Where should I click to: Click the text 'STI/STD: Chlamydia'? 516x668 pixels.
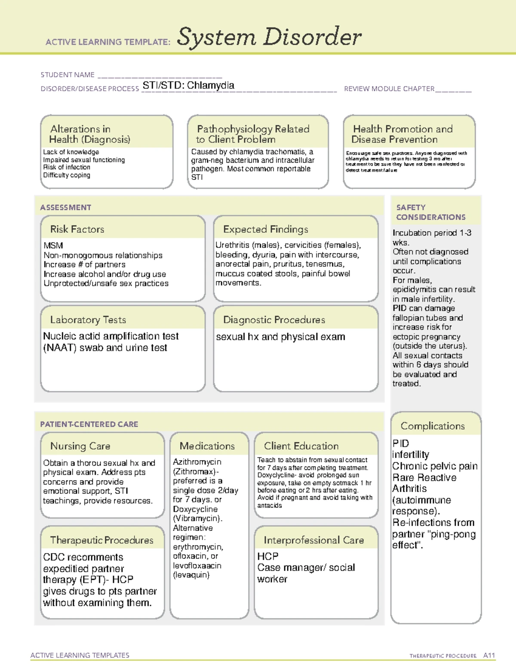click(x=188, y=86)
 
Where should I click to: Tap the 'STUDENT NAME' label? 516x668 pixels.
click(x=68, y=75)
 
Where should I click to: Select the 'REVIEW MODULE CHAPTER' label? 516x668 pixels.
click(x=389, y=89)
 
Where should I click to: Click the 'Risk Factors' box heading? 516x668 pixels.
click(x=77, y=229)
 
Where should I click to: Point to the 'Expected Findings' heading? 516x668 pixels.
click(x=265, y=229)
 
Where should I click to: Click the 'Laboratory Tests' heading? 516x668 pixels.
click(x=88, y=320)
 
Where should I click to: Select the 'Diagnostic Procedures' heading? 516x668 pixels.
click(x=274, y=320)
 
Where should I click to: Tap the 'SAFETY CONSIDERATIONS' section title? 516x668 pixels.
click(x=430, y=212)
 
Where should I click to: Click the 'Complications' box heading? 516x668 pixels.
click(x=433, y=426)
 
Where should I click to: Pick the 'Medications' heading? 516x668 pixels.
click(x=207, y=446)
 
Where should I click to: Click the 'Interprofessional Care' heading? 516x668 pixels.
click(x=313, y=540)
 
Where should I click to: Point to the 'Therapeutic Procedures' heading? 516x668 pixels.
click(x=101, y=540)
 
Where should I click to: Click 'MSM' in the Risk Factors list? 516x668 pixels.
click(x=53, y=246)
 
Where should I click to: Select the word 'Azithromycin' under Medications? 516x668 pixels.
click(x=197, y=462)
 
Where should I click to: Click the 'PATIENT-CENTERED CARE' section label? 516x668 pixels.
click(x=89, y=424)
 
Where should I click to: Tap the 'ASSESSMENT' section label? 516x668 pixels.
click(x=66, y=207)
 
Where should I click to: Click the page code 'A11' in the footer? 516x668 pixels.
click(x=489, y=655)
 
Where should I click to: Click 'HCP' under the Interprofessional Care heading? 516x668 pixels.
click(x=267, y=557)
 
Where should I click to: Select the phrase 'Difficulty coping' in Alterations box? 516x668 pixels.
click(x=67, y=175)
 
